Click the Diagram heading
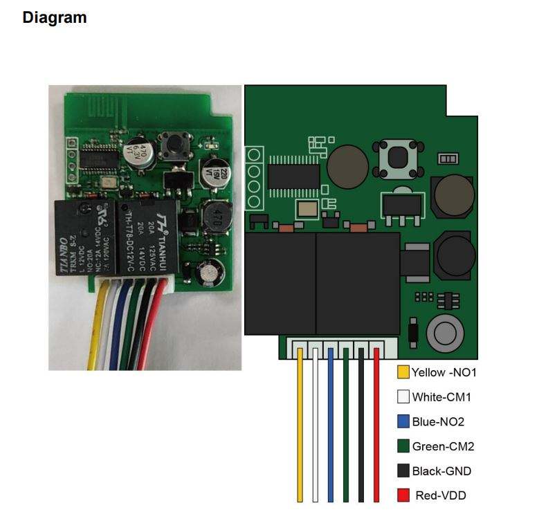(x=55, y=17)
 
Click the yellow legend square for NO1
(x=403, y=372)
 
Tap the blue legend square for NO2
(x=403, y=421)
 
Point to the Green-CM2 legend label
(x=443, y=446)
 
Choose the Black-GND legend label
(x=441, y=471)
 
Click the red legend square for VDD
(x=403, y=495)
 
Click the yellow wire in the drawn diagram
(x=300, y=429)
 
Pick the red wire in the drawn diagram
(x=376, y=429)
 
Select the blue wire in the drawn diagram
(x=330, y=429)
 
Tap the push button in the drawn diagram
(x=397, y=158)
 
